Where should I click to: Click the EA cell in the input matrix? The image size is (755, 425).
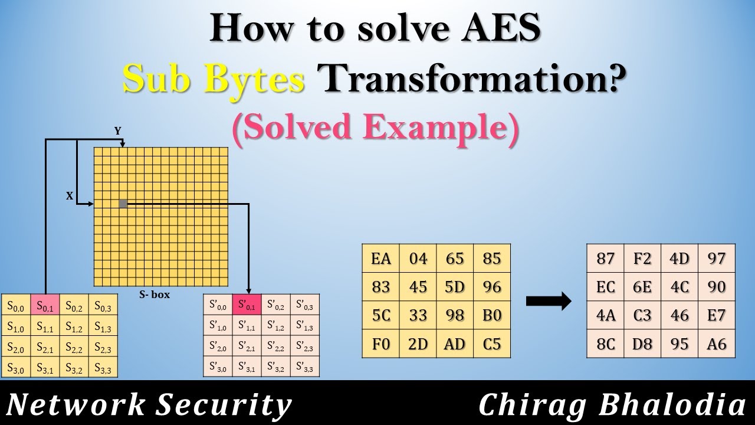(380, 259)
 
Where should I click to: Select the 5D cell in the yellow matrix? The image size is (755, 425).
(455, 287)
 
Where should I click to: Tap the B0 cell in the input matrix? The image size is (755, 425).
(492, 315)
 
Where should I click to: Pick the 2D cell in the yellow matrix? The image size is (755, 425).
(418, 344)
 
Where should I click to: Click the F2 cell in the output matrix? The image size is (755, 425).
(642, 259)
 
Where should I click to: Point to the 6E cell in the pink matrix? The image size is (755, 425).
(642, 287)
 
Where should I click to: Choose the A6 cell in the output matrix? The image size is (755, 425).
(716, 344)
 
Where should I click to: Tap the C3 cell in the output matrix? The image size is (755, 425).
(642, 315)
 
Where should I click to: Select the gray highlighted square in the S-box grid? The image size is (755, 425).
(123, 204)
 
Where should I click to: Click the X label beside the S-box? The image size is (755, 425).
(70, 197)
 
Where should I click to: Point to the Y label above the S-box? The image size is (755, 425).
(118, 131)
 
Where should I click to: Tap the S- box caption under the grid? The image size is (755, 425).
(155, 295)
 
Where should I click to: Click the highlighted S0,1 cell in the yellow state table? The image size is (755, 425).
(45, 306)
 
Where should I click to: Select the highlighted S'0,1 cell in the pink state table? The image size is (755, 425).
(247, 305)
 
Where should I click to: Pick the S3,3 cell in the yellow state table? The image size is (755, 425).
(103, 370)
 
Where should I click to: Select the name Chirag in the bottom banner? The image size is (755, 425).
(528, 406)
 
